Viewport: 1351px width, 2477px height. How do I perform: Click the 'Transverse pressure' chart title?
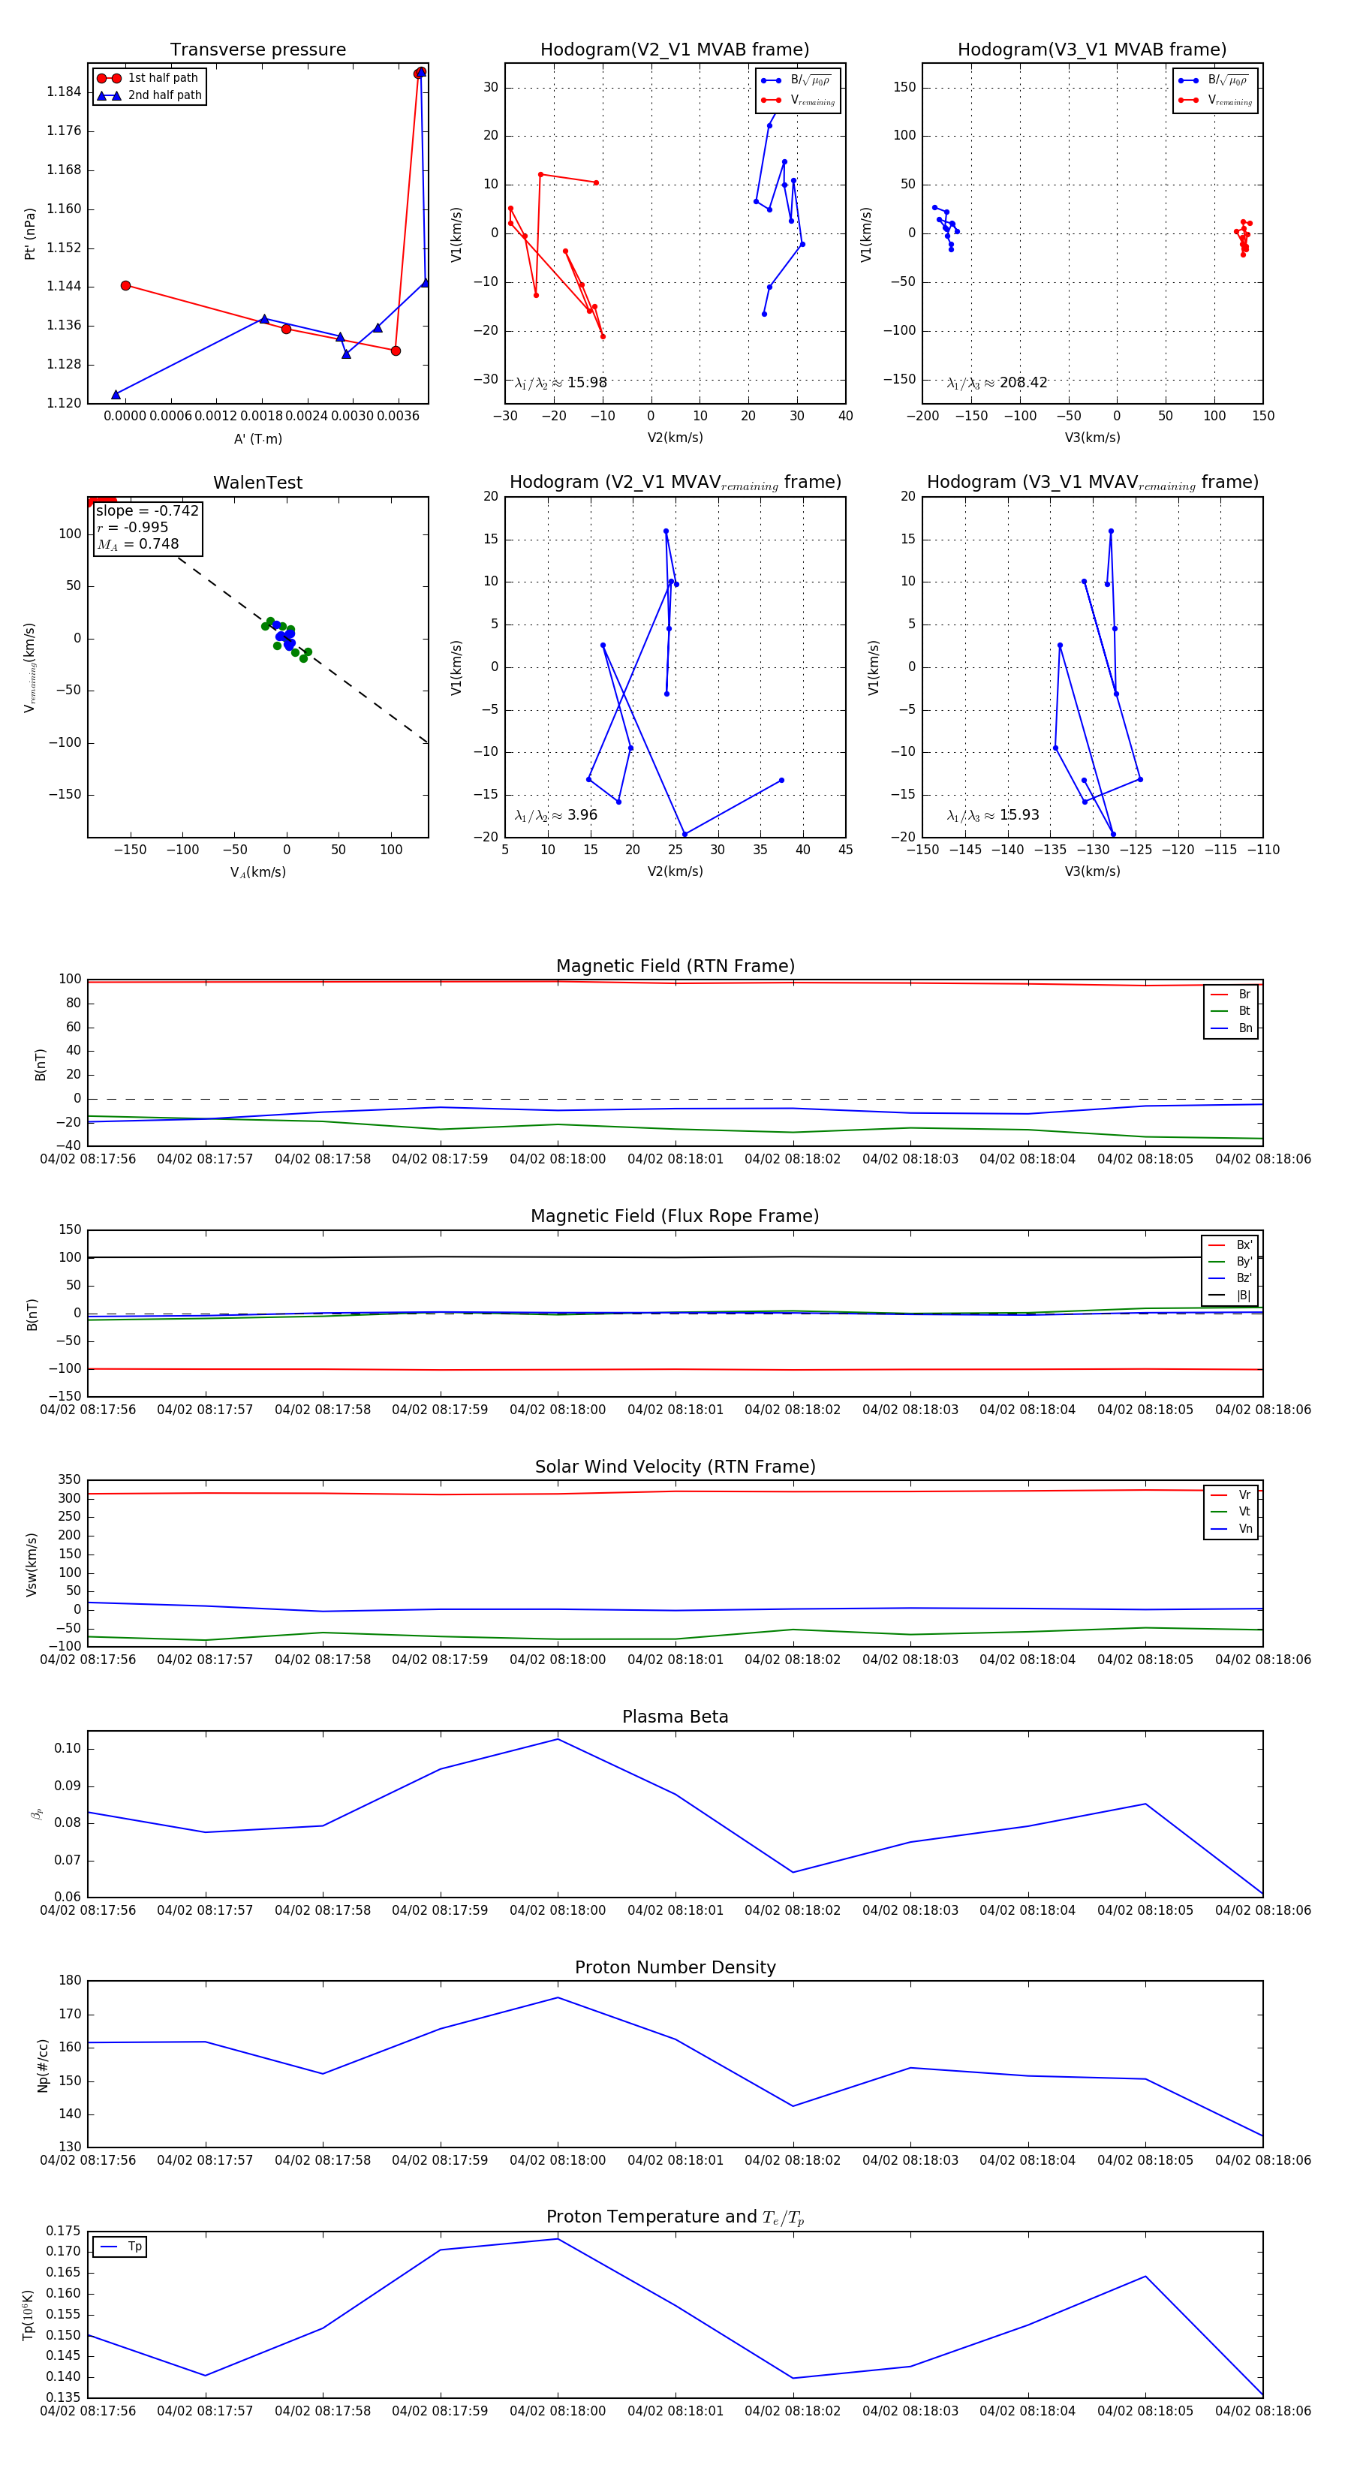coord(257,49)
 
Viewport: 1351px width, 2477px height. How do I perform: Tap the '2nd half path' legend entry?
coord(164,95)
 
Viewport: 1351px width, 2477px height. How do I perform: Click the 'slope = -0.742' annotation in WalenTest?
coord(147,510)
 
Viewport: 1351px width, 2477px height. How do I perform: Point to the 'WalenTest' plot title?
coord(257,482)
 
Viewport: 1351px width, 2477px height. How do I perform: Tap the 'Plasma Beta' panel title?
coord(675,1717)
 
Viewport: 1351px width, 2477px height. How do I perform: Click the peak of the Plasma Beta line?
coord(558,1738)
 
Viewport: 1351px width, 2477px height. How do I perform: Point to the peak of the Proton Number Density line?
coord(558,1997)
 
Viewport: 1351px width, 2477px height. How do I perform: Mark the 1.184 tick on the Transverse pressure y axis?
coord(65,92)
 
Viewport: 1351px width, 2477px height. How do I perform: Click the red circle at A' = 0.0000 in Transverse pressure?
coord(125,285)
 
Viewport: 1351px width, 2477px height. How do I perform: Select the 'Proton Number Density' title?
coord(675,1967)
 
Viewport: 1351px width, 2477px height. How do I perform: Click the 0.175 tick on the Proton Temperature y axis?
coord(64,2230)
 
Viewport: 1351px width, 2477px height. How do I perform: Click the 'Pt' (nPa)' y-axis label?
coord(31,233)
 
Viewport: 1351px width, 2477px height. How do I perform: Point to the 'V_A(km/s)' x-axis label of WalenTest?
coord(257,872)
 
